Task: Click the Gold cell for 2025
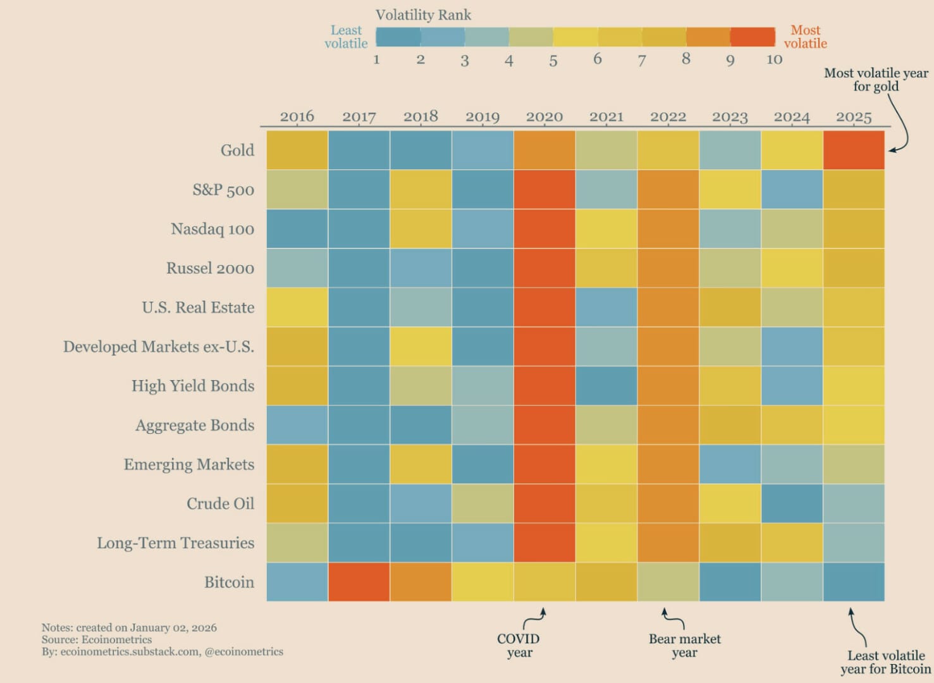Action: coord(854,150)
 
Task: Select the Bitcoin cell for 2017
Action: coord(359,582)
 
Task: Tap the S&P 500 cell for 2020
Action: coord(544,190)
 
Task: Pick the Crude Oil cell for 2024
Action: coord(792,503)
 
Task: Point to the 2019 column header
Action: coord(482,117)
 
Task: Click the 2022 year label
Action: coord(668,117)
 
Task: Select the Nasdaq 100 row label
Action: coord(212,229)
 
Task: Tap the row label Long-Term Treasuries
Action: coord(175,543)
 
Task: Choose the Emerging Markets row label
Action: coord(189,464)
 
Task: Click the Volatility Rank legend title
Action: coord(423,15)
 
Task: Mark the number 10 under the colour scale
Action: coord(774,60)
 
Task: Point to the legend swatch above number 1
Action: coord(398,37)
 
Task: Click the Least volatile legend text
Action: coord(346,37)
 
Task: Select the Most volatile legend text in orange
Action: coord(805,37)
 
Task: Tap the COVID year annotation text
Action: coord(519,646)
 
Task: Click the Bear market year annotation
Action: coord(684,646)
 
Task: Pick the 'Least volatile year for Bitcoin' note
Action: coord(885,662)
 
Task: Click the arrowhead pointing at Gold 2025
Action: coord(892,150)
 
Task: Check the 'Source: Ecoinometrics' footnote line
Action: coord(97,639)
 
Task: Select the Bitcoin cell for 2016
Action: coord(297,582)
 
